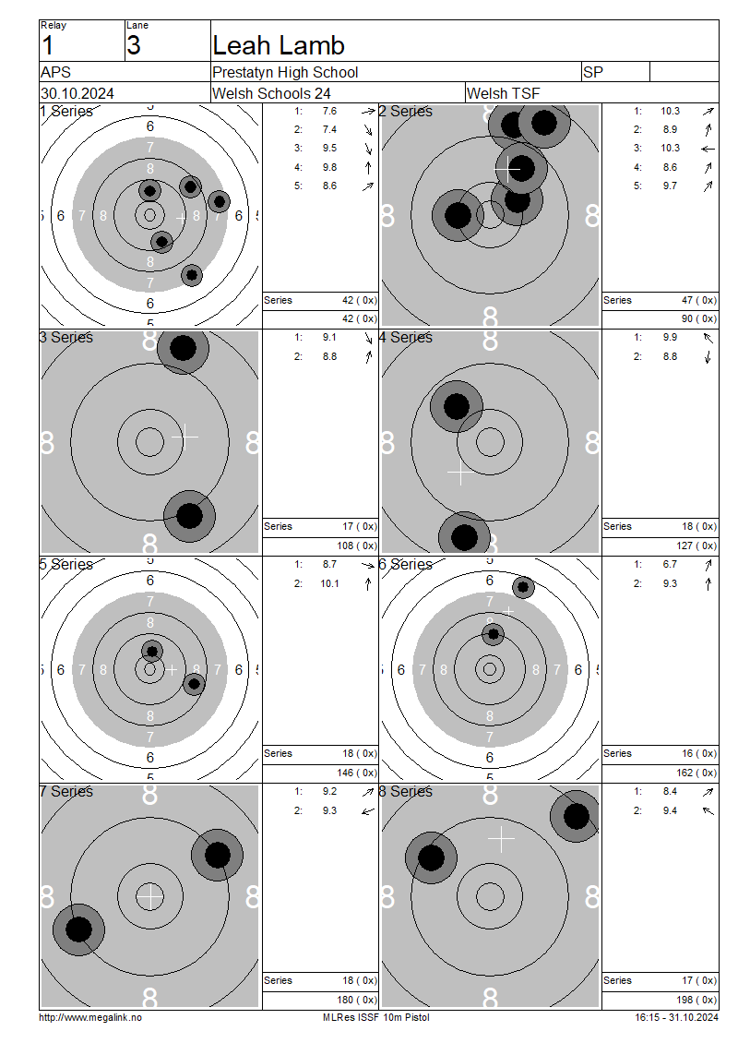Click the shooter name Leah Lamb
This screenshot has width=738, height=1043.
[279, 45]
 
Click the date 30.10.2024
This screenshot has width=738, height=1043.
[77, 93]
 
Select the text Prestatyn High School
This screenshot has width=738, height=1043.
[285, 73]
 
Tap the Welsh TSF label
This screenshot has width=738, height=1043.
[504, 93]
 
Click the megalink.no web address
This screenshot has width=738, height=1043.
[90, 1017]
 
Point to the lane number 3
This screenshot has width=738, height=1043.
[134, 45]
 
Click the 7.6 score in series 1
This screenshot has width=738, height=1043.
[329, 111]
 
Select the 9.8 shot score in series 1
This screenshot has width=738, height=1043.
[329, 167]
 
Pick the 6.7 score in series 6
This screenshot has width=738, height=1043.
[670, 564]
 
